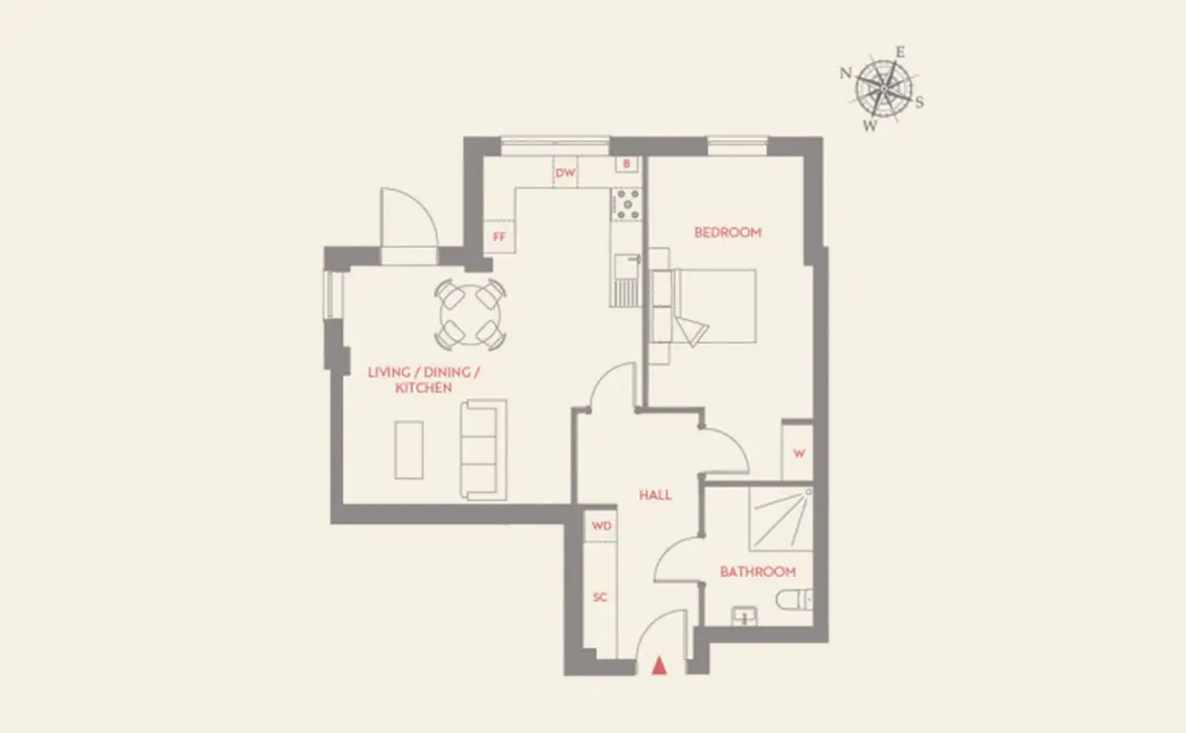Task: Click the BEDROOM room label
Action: (727, 232)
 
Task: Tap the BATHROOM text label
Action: (758, 572)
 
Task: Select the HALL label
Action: (655, 495)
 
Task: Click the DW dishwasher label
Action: (565, 173)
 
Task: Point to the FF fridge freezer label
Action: (499, 236)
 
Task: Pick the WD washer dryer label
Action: (602, 526)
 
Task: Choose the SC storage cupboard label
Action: (599, 597)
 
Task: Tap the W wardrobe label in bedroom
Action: (799, 453)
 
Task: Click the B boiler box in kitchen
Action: (627, 164)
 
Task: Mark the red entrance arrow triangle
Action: (659, 666)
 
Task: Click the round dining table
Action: (470, 315)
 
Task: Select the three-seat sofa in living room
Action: (483, 449)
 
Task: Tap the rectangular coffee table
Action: (409, 449)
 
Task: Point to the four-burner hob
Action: (627, 204)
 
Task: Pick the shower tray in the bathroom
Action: (781, 519)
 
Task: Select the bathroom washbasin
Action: (744, 616)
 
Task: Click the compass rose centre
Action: (884, 88)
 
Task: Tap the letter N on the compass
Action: (846, 73)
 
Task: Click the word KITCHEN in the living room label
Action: (424, 388)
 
